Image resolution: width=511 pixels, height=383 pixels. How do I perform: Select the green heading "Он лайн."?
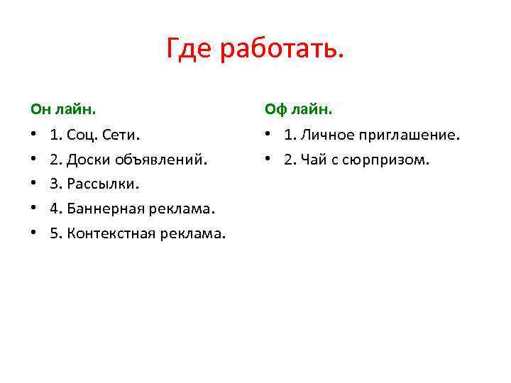pyautogui.click(x=64, y=110)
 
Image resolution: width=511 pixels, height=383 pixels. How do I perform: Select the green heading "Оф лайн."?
pyautogui.click(x=298, y=110)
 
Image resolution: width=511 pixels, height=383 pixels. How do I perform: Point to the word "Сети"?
pyautogui.click(x=121, y=135)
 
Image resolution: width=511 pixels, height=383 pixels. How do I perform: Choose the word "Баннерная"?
pyautogui.click(x=104, y=209)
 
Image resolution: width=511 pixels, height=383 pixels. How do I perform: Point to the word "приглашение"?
pyautogui.click(x=407, y=135)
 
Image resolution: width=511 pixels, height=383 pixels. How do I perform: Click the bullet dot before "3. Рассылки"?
pyautogui.click(x=33, y=184)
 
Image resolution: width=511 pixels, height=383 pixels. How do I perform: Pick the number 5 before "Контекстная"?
pyautogui.click(x=55, y=233)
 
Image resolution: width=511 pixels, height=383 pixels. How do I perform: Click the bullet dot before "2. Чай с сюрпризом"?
pyautogui.click(x=268, y=160)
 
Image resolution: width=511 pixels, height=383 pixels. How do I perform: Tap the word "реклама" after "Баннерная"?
pyautogui.click(x=183, y=209)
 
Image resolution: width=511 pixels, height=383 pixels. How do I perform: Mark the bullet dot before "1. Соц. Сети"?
pyautogui.click(x=33, y=135)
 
